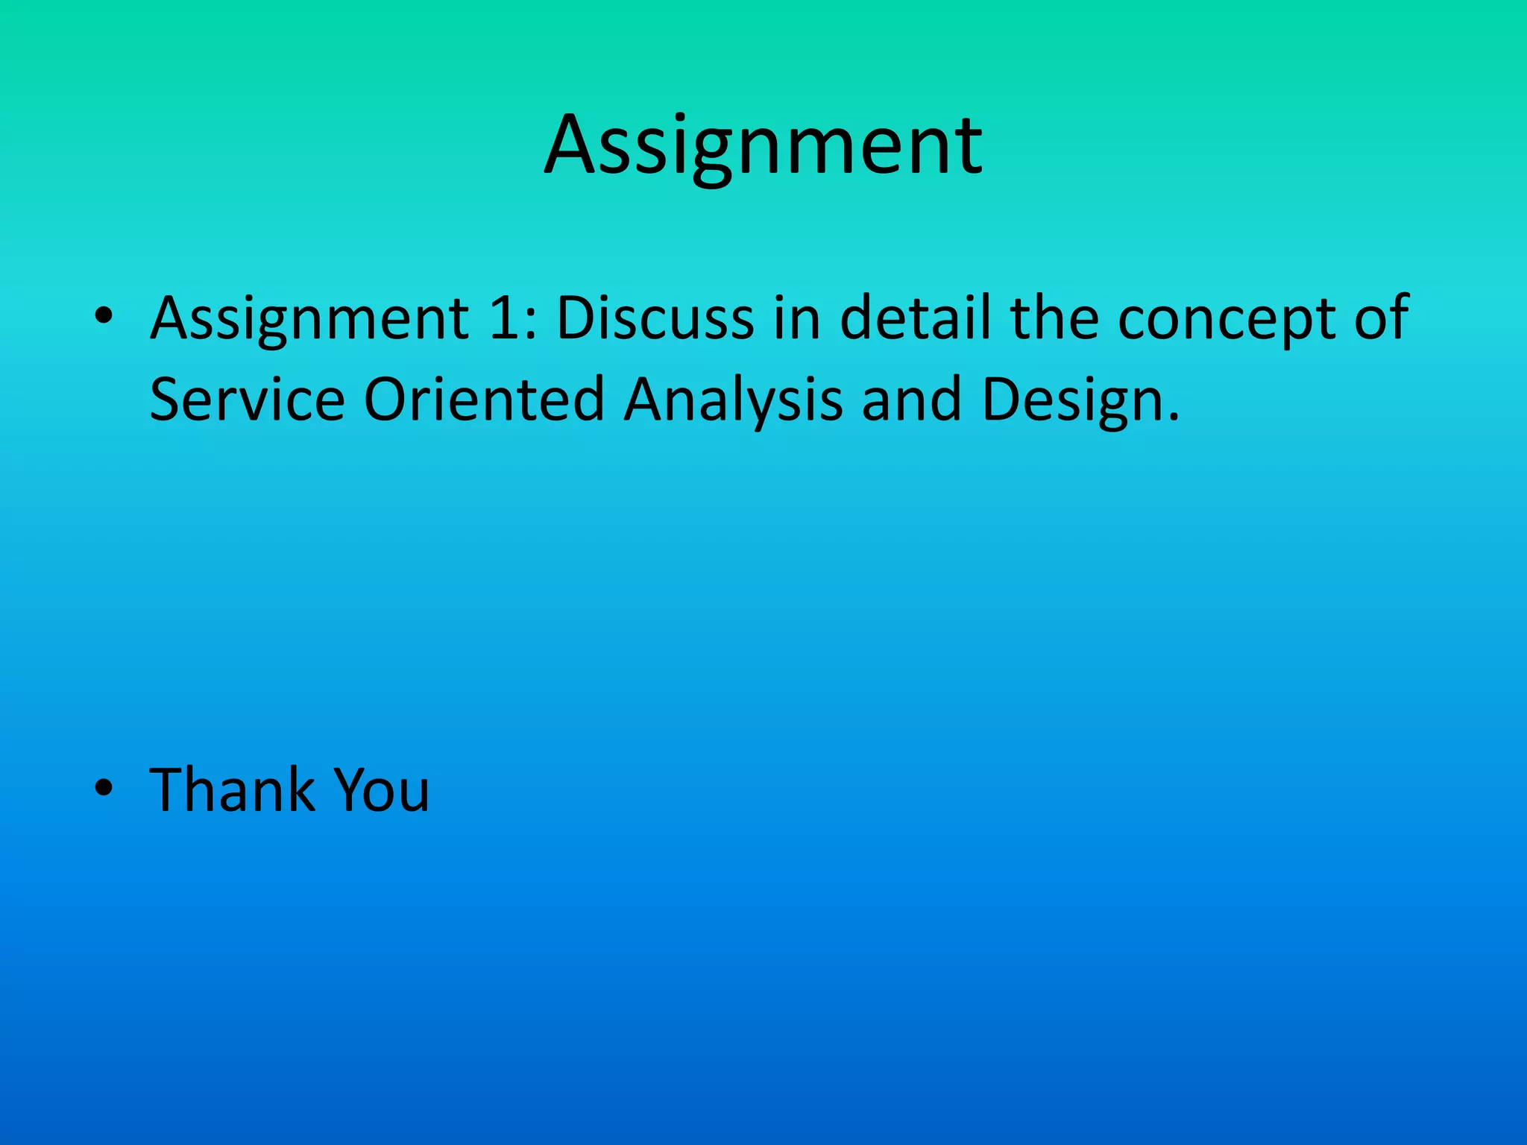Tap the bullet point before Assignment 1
pos(104,317)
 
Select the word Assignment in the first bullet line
pos(309,319)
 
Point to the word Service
pos(247,400)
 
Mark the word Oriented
pos(483,400)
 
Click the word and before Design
pos(911,400)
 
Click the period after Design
pos(1174,417)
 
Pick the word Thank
pos(232,789)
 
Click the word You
pos(381,789)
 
